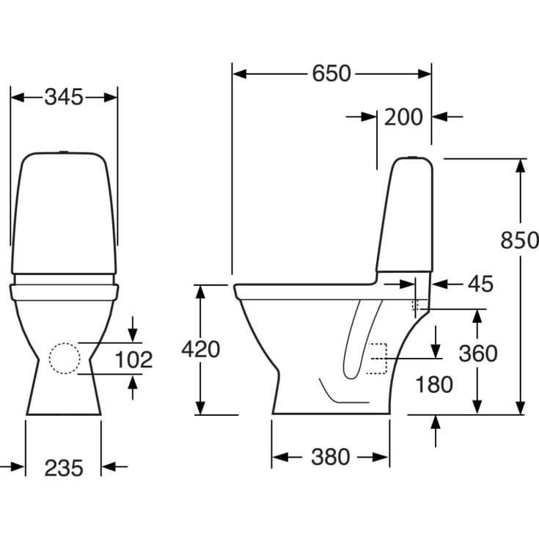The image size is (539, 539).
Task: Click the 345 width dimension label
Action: [64, 97]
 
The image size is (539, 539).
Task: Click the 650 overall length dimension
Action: [331, 73]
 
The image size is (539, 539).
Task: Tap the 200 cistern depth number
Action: [403, 117]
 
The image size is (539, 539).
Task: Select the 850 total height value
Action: [519, 240]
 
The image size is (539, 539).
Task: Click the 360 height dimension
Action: [477, 353]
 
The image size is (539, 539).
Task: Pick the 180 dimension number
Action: [433, 384]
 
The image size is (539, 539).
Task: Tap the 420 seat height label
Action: [200, 350]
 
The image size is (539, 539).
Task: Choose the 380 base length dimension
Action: [330, 457]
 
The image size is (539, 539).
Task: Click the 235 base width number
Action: [63, 466]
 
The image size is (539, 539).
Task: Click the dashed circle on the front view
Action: [64, 359]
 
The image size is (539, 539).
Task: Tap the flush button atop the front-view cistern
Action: [65, 153]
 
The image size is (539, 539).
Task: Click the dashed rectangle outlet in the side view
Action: [375, 359]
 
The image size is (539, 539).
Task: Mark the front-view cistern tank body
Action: [64, 213]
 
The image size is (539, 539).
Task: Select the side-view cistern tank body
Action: [406, 216]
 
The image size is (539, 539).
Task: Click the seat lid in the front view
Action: [65, 292]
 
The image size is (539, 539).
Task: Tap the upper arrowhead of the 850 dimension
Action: [520, 165]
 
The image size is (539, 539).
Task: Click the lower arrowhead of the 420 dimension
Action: [200, 408]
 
